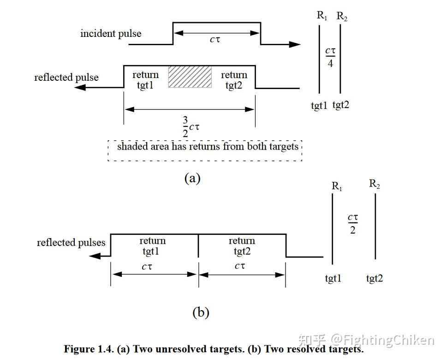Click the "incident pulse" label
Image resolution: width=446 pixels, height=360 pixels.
pos(111,33)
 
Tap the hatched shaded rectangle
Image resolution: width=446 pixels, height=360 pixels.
pos(190,77)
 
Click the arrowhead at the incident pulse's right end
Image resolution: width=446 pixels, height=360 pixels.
pos(295,44)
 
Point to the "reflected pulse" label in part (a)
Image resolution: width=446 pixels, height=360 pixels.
pos(66,77)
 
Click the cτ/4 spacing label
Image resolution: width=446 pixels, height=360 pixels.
pos(330,57)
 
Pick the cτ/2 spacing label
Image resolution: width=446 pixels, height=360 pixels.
pos(353,223)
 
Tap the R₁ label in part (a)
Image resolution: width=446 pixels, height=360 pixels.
pos(321,15)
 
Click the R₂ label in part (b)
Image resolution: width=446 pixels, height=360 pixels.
pos(375,184)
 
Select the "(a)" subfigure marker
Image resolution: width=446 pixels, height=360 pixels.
pos(192,178)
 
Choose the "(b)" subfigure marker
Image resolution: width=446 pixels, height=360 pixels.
pos(201,312)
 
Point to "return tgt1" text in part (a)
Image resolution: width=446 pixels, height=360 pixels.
pos(145,80)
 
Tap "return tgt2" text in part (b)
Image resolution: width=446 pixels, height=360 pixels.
pos(242,246)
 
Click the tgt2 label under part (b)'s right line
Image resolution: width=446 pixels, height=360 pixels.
pos(375,278)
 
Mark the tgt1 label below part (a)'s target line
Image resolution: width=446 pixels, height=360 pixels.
pos(319,106)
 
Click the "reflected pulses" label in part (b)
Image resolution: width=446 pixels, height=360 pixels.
pos(71,242)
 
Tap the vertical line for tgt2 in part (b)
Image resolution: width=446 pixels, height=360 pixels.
pos(375,226)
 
